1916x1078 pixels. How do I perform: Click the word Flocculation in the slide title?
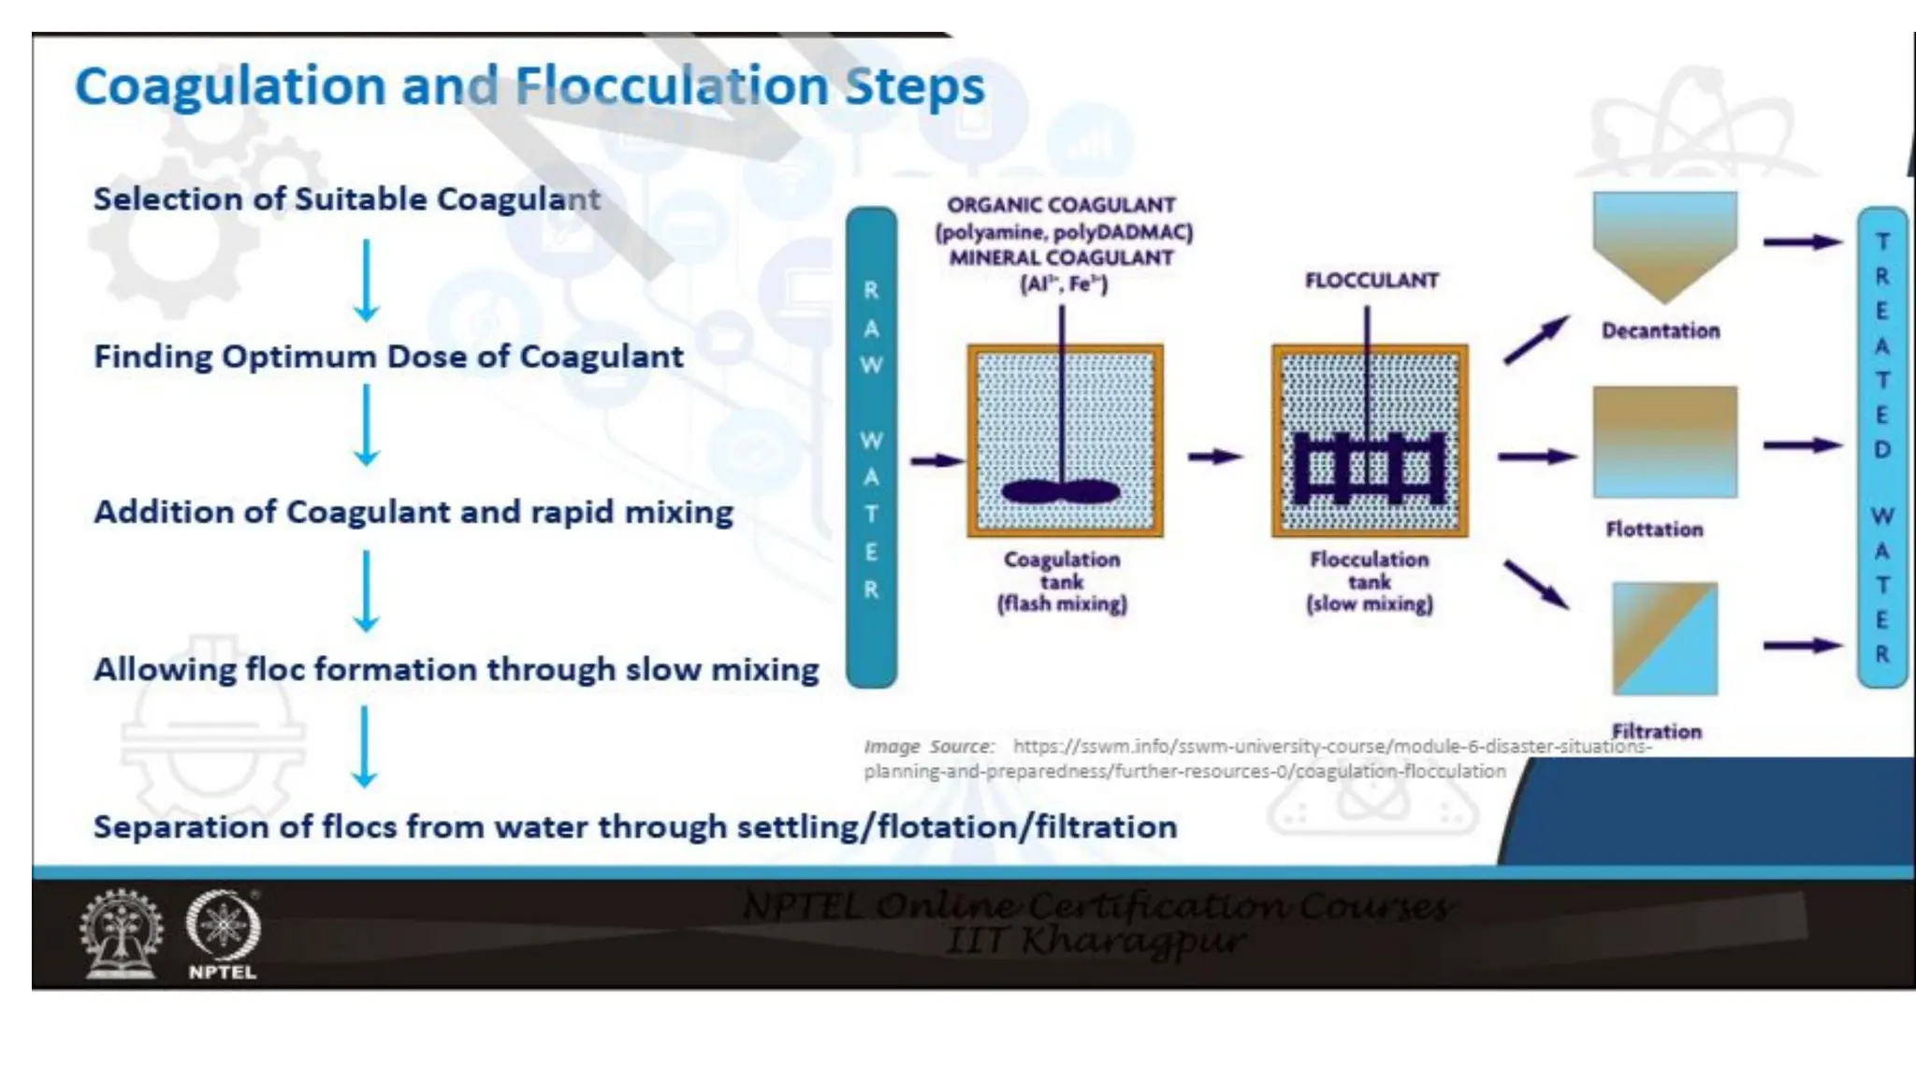click(672, 86)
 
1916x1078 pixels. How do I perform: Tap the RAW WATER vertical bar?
click(871, 447)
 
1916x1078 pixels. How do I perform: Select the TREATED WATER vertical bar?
click(1881, 447)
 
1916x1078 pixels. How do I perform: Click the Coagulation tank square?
click(1065, 440)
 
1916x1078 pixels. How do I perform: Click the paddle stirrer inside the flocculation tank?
click(1368, 468)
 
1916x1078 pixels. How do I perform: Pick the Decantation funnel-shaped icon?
click(1664, 245)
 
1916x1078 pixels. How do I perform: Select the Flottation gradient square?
click(1664, 442)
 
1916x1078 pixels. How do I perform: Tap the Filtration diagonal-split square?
click(1664, 638)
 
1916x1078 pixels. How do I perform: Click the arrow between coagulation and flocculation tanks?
click(1214, 457)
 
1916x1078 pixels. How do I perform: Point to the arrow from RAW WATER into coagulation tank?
click(936, 460)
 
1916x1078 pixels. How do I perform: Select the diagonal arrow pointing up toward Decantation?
click(1535, 340)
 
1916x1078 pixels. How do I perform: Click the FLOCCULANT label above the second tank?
click(1372, 281)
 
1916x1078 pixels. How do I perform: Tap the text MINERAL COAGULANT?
click(1061, 257)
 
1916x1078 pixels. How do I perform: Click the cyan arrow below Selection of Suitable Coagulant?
click(367, 281)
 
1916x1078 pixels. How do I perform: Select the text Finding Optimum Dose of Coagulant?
click(388, 357)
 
